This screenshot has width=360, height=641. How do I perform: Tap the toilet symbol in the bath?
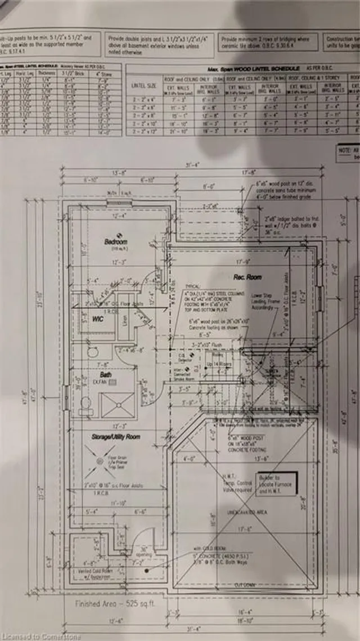click(86, 404)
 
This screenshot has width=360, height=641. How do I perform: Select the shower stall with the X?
click(117, 405)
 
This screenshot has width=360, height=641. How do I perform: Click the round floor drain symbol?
click(101, 461)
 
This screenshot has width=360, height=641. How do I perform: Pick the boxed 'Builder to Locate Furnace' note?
click(269, 484)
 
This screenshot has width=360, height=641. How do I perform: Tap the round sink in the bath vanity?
click(93, 352)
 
